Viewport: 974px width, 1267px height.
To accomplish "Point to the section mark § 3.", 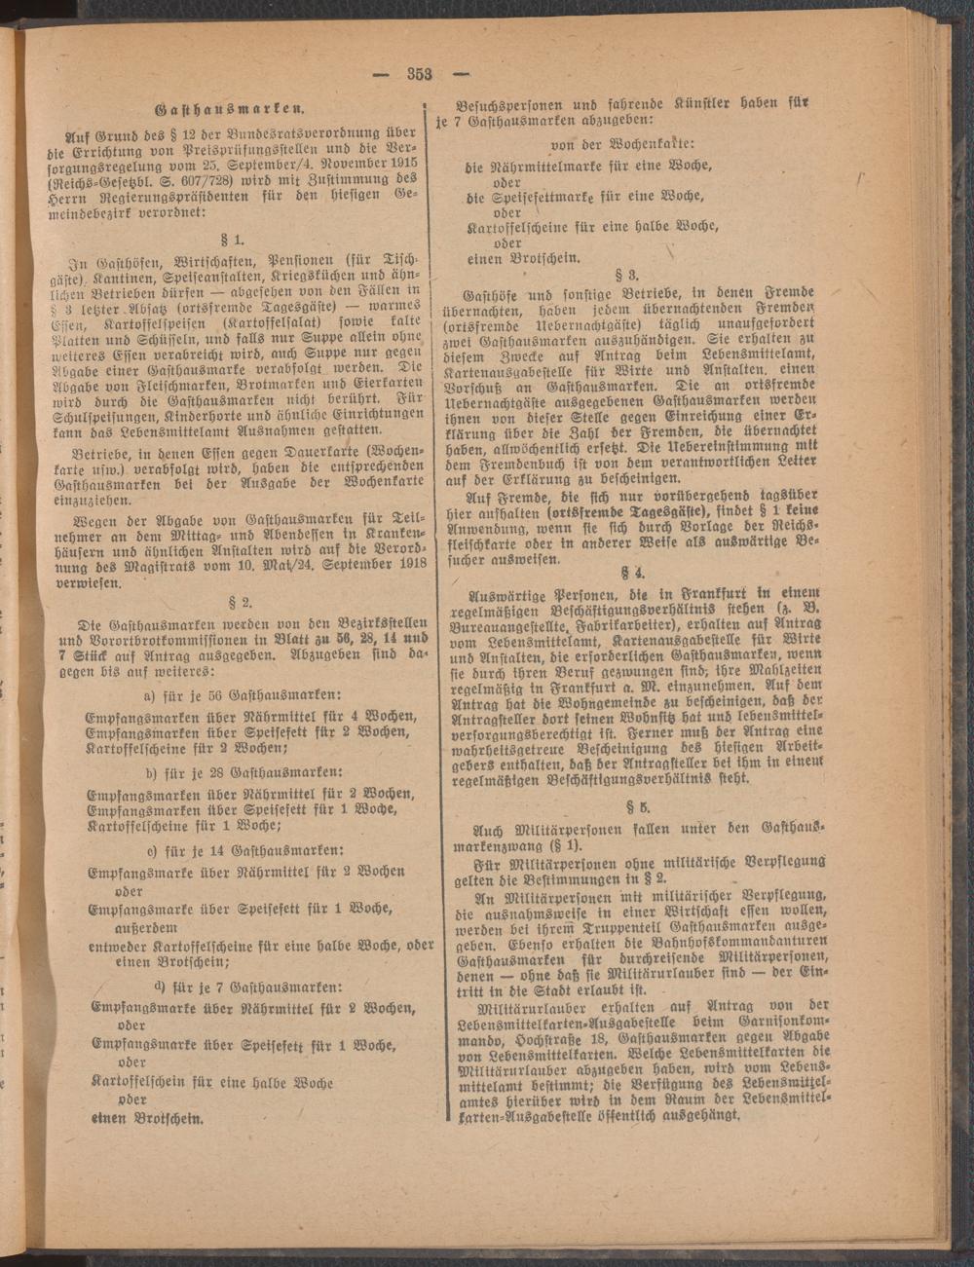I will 628,274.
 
